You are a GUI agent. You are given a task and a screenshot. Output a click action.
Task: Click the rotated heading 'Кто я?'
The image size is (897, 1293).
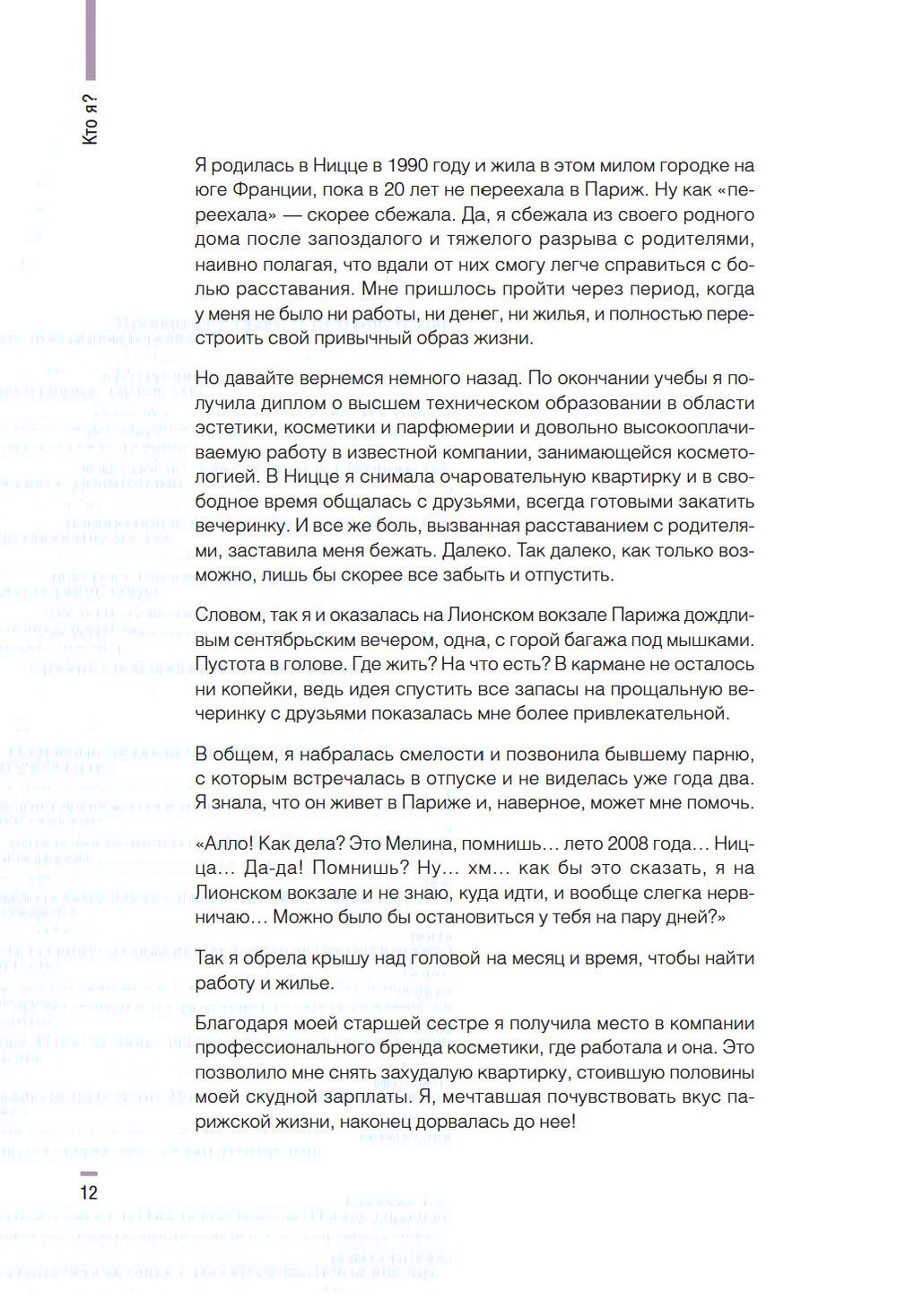(90, 118)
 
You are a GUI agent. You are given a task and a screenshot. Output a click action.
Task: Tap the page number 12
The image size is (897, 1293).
(89, 1193)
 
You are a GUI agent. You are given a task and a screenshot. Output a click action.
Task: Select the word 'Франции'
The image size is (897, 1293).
(268, 190)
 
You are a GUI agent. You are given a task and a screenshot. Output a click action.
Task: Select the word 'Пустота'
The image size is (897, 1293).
(231, 665)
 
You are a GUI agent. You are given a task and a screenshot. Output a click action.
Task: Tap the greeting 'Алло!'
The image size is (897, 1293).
(228, 843)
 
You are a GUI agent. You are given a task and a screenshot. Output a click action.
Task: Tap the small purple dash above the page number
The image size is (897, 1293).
(88, 1174)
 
